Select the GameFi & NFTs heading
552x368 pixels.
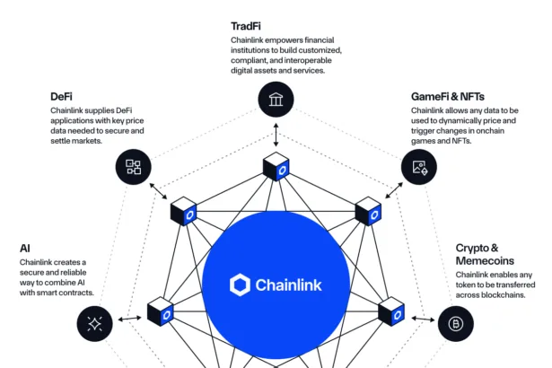coord(446,96)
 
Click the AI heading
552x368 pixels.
coord(25,247)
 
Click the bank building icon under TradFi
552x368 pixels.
coord(276,99)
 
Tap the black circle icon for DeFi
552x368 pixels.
coord(133,166)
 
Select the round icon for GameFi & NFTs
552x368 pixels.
coord(418,166)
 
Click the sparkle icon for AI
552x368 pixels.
coord(95,323)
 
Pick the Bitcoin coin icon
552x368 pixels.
coord(456,323)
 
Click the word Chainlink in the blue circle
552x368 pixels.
coord(288,285)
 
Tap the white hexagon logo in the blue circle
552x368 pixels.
coord(241,285)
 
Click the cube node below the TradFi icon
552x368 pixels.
coord(276,167)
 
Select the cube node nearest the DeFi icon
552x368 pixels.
coord(183,212)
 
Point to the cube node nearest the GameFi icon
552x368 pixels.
coord(367,212)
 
